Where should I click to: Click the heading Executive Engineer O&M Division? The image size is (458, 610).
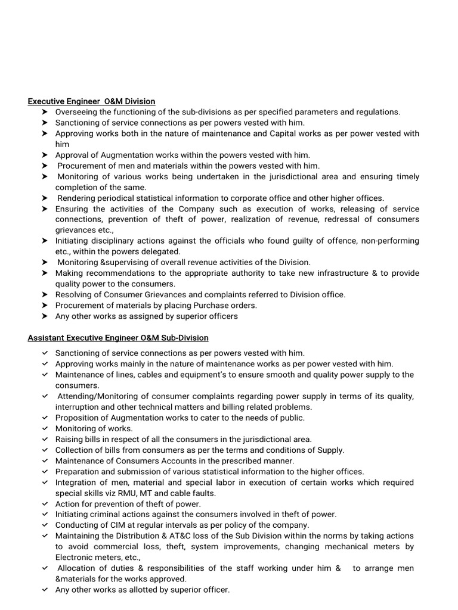pyautogui.click(x=91, y=101)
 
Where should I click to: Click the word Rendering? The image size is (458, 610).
pyautogui.click(x=78, y=198)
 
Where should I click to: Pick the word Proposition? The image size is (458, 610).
pyautogui.click(x=79, y=418)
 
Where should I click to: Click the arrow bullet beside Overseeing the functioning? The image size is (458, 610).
pyautogui.click(x=45, y=112)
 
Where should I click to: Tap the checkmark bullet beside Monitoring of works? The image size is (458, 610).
pyautogui.click(x=45, y=429)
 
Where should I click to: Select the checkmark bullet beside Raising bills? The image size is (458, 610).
pyautogui.click(x=45, y=440)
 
